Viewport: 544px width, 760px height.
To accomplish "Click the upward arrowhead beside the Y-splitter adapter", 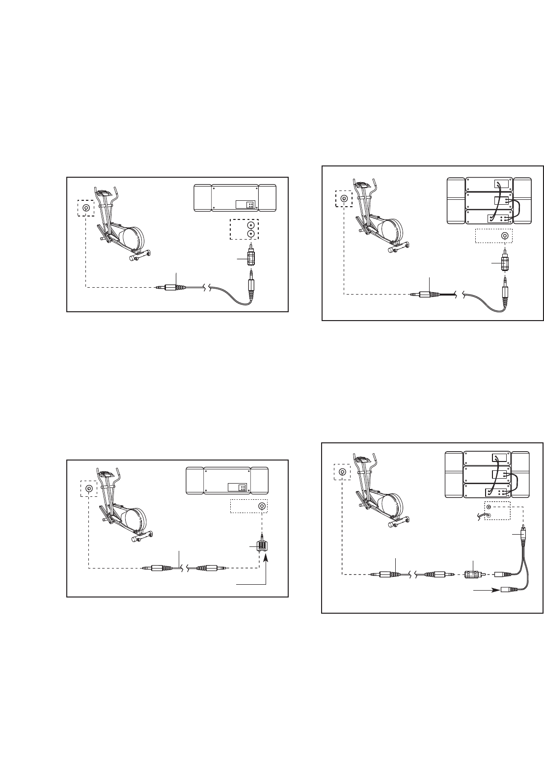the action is (266, 557).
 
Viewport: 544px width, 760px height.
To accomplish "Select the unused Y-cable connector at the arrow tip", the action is (509, 591).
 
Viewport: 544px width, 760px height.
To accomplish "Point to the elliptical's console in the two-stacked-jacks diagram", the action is (103, 192).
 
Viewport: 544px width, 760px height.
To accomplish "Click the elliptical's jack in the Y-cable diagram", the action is (342, 472).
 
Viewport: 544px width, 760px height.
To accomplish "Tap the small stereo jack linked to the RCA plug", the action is (488, 507).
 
